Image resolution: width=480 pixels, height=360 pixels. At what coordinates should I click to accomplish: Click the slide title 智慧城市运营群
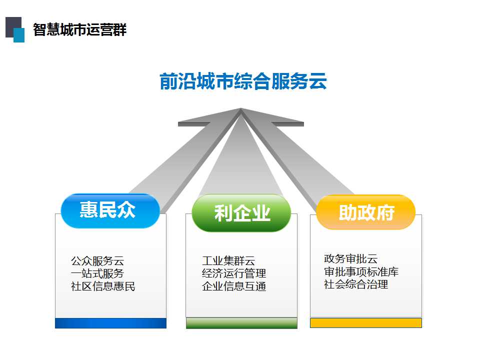click(x=79, y=29)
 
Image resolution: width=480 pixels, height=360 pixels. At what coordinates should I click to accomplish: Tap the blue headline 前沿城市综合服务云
click(x=243, y=81)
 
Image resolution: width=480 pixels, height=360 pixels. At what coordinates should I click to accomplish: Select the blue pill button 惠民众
click(x=110, y=211)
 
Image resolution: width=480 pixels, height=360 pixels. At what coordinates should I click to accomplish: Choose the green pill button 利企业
click(x=241, y=213)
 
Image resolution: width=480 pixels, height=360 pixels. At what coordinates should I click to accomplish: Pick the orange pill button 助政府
click(x=365, y=212)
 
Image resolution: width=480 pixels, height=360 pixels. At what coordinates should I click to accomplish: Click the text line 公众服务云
click(x=97, y=261)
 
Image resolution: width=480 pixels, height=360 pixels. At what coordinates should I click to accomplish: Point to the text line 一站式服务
click(x=97, y=273)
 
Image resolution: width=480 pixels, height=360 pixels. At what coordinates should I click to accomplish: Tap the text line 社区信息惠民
click(x=103, y=286)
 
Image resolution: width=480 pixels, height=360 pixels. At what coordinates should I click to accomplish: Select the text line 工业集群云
click(x=228, y=261)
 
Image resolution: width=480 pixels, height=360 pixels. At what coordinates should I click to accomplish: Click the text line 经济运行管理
click(x=234, y=273)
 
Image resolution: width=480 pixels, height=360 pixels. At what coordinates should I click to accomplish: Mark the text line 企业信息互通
click(x=234, y=286)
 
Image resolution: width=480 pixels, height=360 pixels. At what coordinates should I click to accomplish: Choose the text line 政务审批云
click(x=350, y=258)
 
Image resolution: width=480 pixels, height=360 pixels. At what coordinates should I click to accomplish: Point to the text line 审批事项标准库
click(x=361, y=271)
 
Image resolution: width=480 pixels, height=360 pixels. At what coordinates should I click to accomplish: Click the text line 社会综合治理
click(x=356, y=284)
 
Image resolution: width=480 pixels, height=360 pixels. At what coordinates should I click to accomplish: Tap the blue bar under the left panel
click(x=110, y=323)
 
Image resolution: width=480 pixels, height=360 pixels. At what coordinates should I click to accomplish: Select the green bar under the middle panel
click(x=241, y=323)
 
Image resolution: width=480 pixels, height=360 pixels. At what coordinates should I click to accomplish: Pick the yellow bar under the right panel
click(x=366, y=323)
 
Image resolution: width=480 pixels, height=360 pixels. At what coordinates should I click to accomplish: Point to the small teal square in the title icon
click(x=19, y=35)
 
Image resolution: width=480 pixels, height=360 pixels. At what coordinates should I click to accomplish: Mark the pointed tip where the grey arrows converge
click(x=241, y=108)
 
